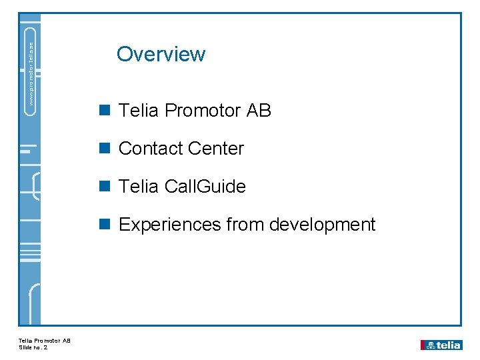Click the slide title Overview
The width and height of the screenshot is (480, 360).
click(x=161, y=54)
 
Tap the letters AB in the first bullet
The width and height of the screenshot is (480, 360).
click(x=259, y=111)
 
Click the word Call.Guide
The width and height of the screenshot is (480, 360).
click(x=206, y=187)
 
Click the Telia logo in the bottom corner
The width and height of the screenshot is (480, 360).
click(x=441, y=345)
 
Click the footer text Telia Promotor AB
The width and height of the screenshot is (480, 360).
click(x=44, y=341)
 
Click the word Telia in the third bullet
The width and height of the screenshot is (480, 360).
click(x=138, y=187)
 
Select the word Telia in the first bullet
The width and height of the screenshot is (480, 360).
click(x=138, y=111)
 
